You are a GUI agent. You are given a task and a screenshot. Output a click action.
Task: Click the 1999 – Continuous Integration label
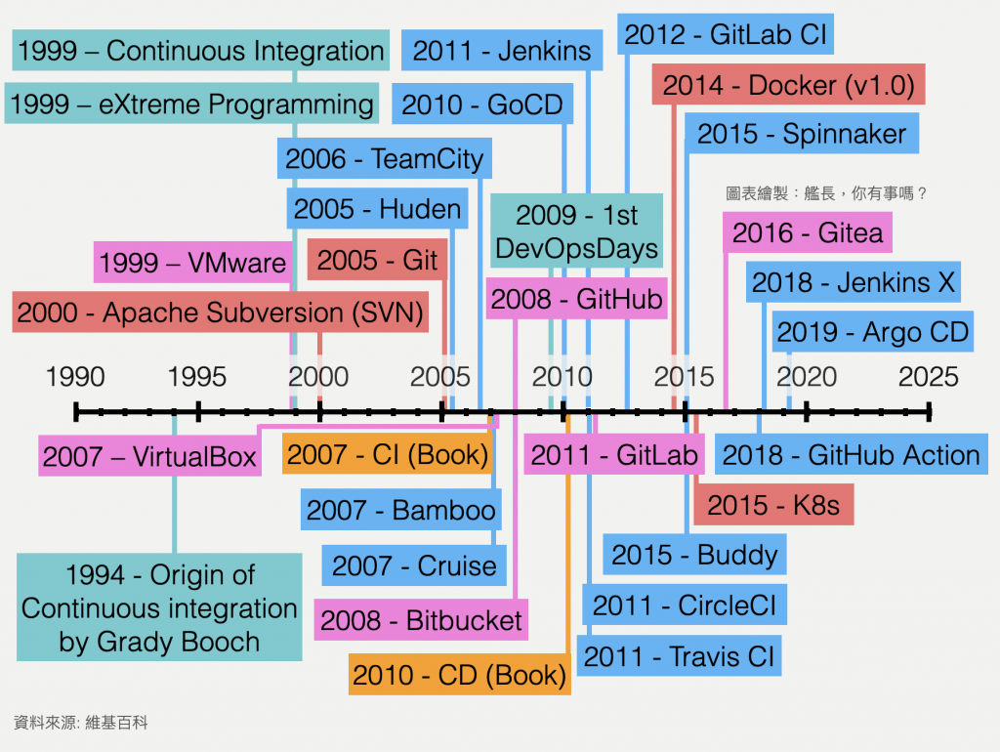click(201, 52)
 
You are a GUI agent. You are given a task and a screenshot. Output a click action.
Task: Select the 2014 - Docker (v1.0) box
click(788, 86)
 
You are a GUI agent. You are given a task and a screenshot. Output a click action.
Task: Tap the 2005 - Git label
click(378, 261)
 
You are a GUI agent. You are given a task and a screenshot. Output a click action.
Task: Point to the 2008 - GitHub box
click(576, 299)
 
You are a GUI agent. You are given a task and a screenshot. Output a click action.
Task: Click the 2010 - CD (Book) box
click(459, 674)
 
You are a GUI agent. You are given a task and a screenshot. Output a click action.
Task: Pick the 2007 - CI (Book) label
click(387, 455)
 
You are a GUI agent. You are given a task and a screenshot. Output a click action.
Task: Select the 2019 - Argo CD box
click(873, 333)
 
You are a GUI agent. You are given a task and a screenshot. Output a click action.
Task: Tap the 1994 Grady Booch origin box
click(159, 608)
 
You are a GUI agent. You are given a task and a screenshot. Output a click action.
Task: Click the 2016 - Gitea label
click(808, 233)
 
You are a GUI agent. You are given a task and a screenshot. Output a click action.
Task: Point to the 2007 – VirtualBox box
click(149, 456)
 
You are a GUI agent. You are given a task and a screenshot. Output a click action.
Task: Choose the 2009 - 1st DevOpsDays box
click(576, 231)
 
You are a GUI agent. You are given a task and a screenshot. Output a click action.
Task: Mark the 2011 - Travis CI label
click(679, 656)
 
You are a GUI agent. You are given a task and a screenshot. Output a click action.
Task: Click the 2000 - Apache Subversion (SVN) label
click(221, 313)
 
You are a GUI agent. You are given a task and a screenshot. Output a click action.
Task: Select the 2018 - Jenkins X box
click(854, 283)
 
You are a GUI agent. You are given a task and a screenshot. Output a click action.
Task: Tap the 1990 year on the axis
click(75, 377)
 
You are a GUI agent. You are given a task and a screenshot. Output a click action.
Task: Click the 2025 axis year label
click(929, 377)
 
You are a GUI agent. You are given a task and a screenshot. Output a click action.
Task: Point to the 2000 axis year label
click(318, 377)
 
